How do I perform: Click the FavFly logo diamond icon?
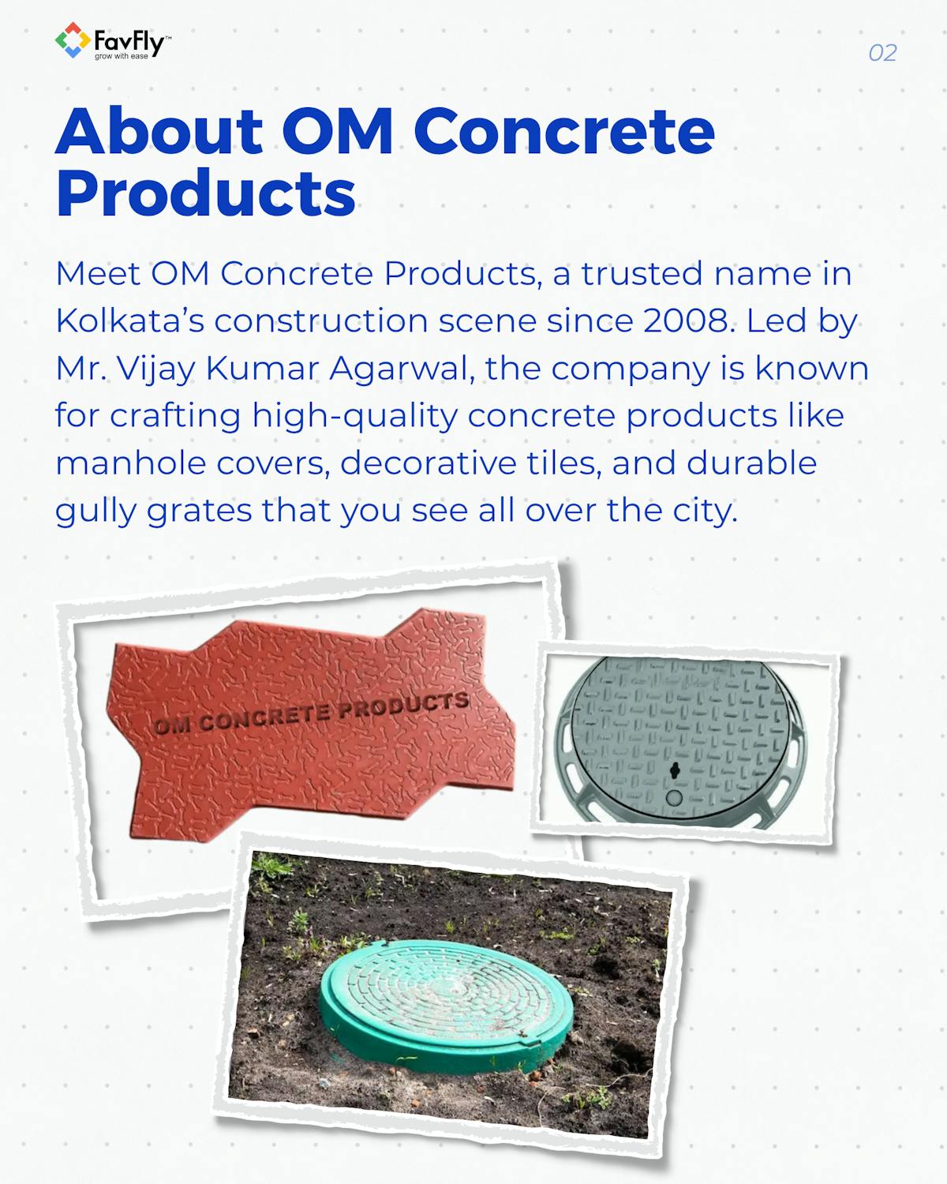pos(72,40)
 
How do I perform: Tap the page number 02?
pos(882,53)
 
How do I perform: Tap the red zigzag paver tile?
pos(316,758)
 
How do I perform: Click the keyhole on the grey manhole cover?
pos(672,770)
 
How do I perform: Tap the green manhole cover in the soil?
pos(446,999)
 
